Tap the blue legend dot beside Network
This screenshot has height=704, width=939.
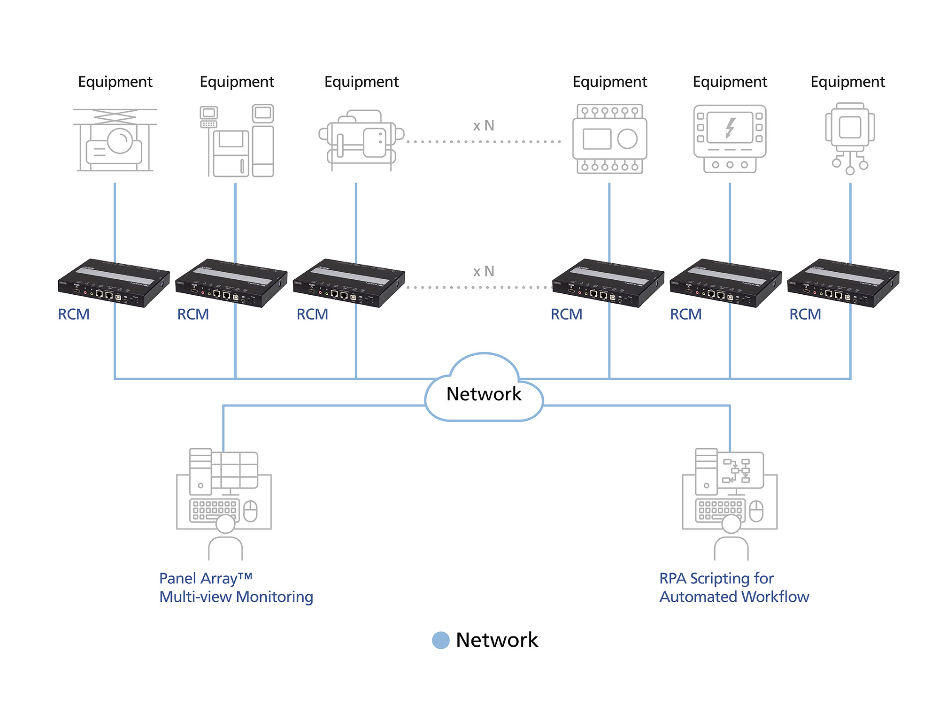[441, 640]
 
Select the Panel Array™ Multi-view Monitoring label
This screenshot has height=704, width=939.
[236, 588]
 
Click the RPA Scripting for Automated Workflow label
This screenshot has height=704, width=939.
[734, 588]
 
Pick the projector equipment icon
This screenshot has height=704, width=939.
[115, 141]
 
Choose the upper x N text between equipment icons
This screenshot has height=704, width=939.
[484, 126]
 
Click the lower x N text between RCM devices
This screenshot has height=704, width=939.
[484, 271]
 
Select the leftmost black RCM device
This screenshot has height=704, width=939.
[114, 283]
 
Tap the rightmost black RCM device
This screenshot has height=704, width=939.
[843, 283]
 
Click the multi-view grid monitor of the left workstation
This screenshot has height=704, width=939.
[234, 470]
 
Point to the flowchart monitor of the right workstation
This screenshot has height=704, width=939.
[740, 470]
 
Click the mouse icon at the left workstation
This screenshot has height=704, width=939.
[251, 511]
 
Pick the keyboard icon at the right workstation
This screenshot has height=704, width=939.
[720, 511]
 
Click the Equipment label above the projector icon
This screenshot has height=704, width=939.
[115, 82]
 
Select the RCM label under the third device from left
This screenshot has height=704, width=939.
[312, 314]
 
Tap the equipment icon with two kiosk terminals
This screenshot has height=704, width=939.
[237, 141]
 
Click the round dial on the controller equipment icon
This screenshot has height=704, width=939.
[627, 139]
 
